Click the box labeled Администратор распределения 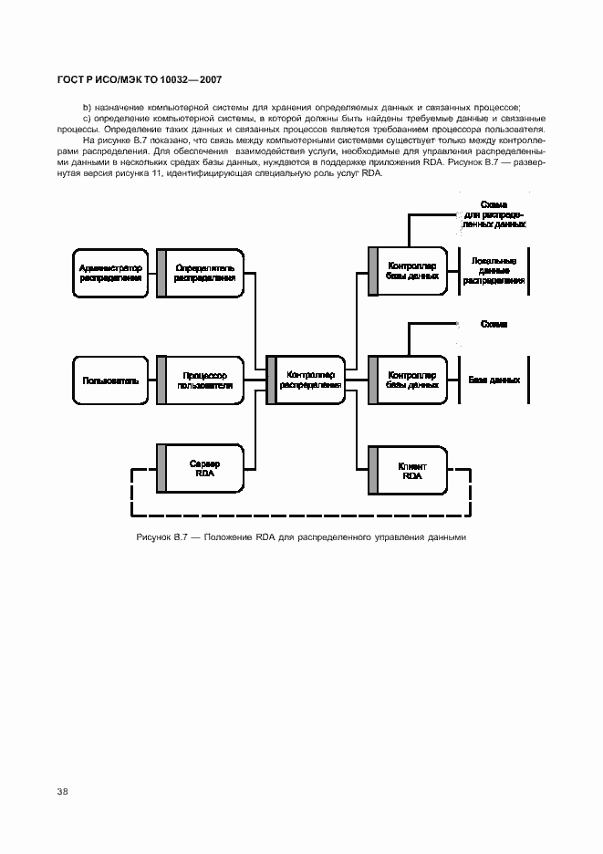(x=110, y=273)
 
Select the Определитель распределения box (x=204, y=273)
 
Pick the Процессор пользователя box (x=204, y=380)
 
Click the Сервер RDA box (x=204, y=469)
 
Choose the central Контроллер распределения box (x=308, y=380)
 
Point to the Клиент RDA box (x=411, y=469)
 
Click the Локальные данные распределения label (x=494, y=271)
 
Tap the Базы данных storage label (x=494, y=380)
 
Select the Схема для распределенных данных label (x=494, y=215)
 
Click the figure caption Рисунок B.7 (x=301, y=536)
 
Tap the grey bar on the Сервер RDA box (x=161, y=469)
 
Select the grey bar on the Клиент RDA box (x=372, y=469)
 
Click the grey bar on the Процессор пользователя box (x=161, y=380)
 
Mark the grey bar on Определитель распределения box (x=161, y=273)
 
